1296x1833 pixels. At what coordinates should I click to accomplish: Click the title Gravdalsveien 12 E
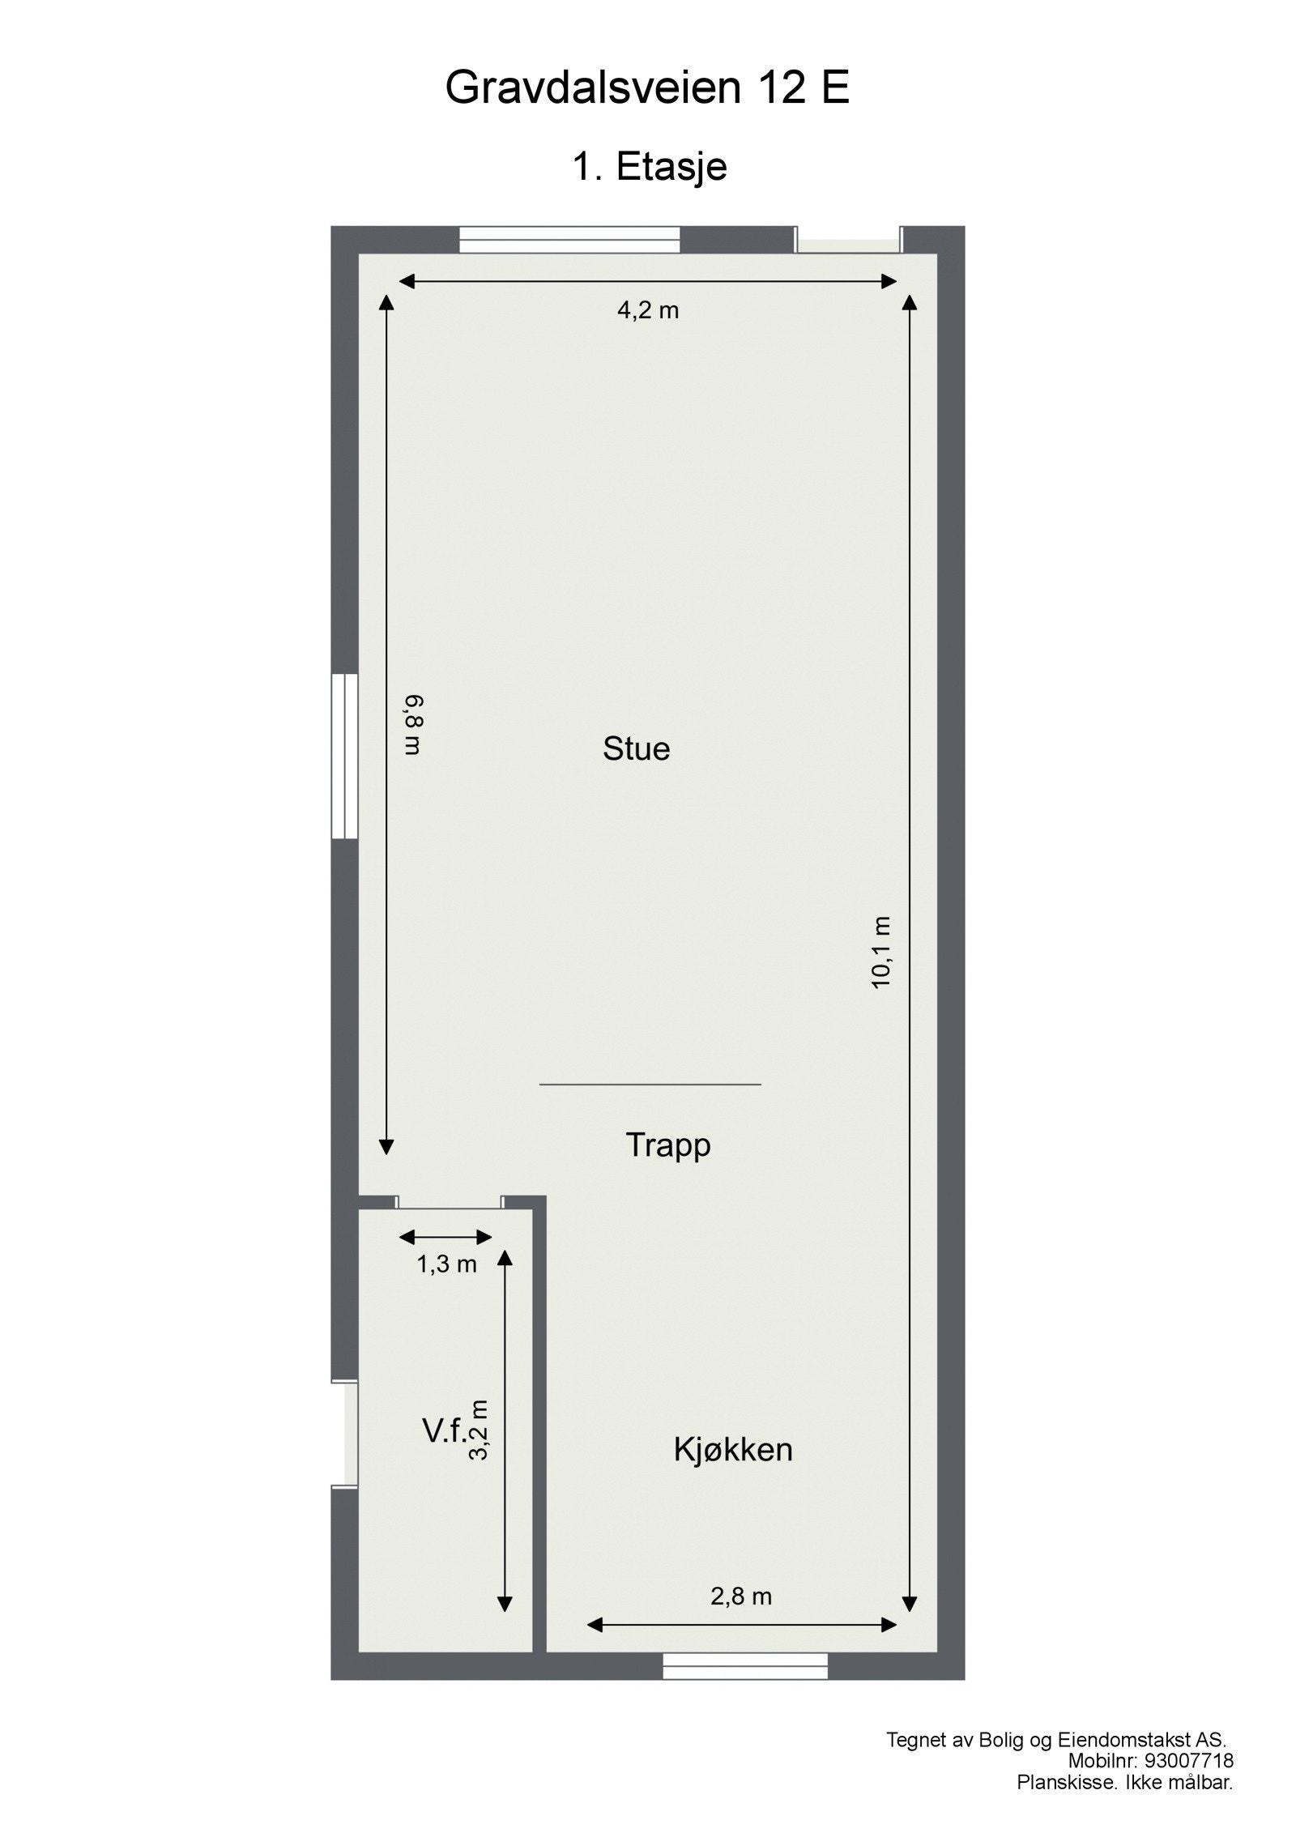click(647, 88)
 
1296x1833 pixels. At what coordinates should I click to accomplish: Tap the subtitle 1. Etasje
click(650, 167)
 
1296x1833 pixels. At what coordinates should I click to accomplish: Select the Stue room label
click(636, 749)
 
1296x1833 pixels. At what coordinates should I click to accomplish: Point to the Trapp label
click(668, 1145)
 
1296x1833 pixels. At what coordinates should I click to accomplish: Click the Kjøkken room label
click(733, 1450)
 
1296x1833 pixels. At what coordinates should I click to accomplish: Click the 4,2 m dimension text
click(648, 310)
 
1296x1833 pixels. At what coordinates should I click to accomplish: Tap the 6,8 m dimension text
click(414, 724)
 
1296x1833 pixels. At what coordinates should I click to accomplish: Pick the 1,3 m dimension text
click(446, 1264)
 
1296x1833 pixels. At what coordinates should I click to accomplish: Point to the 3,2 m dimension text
click(480, 1430)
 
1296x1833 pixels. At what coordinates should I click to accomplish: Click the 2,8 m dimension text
click(741, 1596)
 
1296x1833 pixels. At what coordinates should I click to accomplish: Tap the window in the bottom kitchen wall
click(745, 1665)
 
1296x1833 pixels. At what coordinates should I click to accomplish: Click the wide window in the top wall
click(569, 240)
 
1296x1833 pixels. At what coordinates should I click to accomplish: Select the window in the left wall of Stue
click(344, 757)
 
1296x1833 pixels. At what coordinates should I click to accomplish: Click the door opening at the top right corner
click(849, 241)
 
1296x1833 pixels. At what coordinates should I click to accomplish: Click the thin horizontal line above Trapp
click(650, 1084)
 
